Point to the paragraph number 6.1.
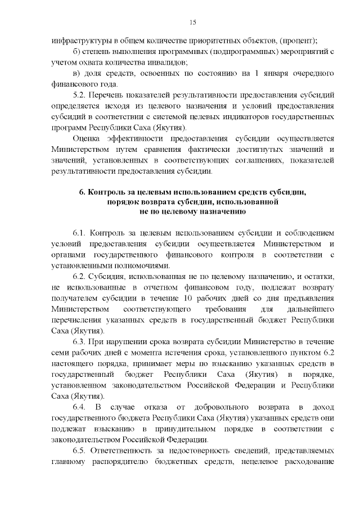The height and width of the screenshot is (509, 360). (x=81, y=232)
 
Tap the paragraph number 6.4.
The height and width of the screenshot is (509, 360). (x=81, y=407)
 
